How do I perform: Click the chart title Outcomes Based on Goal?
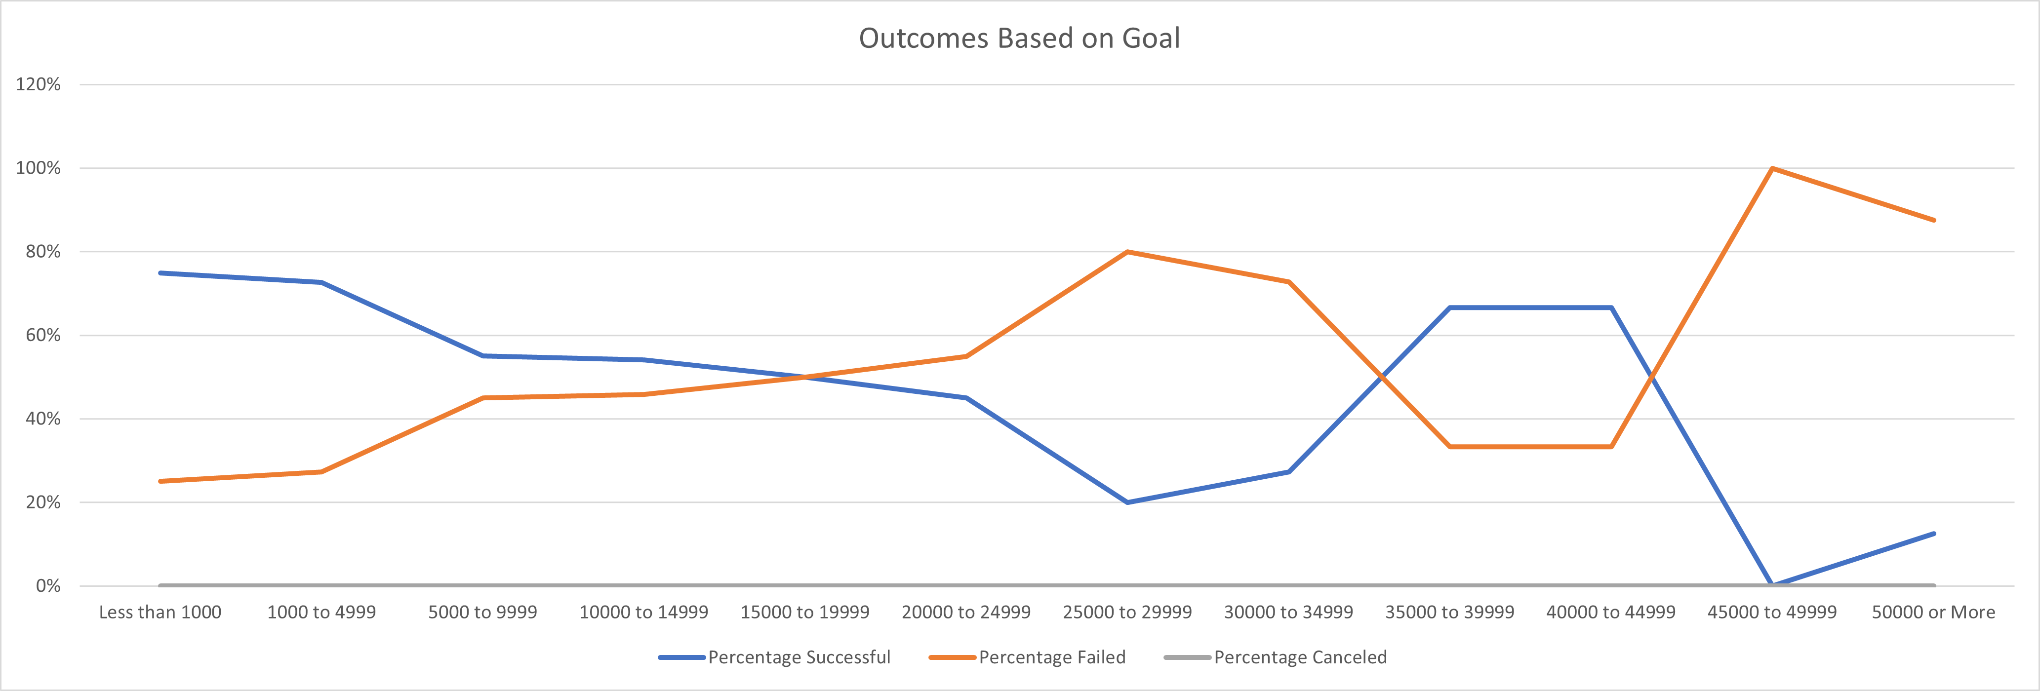point(1019,38)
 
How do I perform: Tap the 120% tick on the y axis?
point(38,84)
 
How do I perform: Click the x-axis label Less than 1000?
point(160,612)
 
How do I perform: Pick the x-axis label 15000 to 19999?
point(804,612)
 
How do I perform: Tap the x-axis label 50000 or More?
point(1933,612)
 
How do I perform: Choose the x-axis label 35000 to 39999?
point(1449,612)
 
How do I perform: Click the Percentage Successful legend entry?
point(798,657)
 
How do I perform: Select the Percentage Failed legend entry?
point(1052,657)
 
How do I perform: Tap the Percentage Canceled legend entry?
point(1300,657)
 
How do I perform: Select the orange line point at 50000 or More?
point(1934,220)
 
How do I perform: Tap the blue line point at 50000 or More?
point(1934,534)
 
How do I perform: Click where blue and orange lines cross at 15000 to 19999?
point(804,377)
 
